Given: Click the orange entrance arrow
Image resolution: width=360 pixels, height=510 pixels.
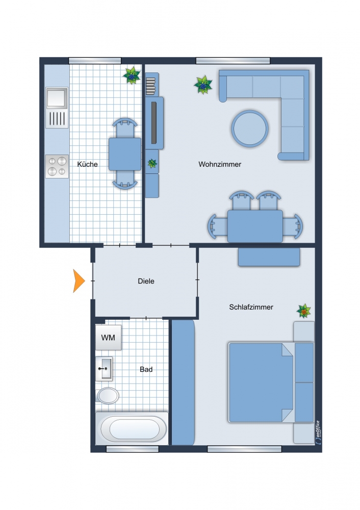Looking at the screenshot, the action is click(79, 280).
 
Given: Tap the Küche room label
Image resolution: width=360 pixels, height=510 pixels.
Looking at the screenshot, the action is click(88, 164).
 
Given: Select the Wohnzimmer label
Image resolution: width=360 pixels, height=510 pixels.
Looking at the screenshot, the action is click(220, 164).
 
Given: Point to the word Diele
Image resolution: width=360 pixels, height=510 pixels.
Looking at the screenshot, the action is click(146, 281).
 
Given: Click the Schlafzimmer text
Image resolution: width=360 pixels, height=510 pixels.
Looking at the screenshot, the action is click(251, 307).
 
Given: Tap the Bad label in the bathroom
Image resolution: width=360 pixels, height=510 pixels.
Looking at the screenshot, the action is click(146, 369).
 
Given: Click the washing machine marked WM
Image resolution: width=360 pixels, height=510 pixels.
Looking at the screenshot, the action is click(108, 337).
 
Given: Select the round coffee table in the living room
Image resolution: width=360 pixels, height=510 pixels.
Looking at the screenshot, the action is click(250, 129).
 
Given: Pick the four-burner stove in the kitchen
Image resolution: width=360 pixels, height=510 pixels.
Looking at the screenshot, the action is click(57, 166).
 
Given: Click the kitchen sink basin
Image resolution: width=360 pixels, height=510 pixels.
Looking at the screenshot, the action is click(57, 98).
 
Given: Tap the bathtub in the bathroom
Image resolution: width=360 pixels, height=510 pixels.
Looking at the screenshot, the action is click(132, 429).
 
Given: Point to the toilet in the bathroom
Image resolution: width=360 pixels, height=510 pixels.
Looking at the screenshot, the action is click(108, 396).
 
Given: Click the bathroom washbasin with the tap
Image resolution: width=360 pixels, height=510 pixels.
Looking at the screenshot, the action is click(104, 369).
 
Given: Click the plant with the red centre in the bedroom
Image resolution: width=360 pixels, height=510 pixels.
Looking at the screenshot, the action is click(304, 311).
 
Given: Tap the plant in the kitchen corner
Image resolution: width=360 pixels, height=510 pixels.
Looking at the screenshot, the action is click(132, 76).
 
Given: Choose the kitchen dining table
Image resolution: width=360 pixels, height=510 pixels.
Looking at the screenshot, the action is click(125, 154).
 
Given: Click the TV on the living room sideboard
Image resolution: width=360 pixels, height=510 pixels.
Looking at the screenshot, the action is click(154, 122).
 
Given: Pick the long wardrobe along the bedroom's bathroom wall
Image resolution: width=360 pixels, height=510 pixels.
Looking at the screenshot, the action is click(183, 382).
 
